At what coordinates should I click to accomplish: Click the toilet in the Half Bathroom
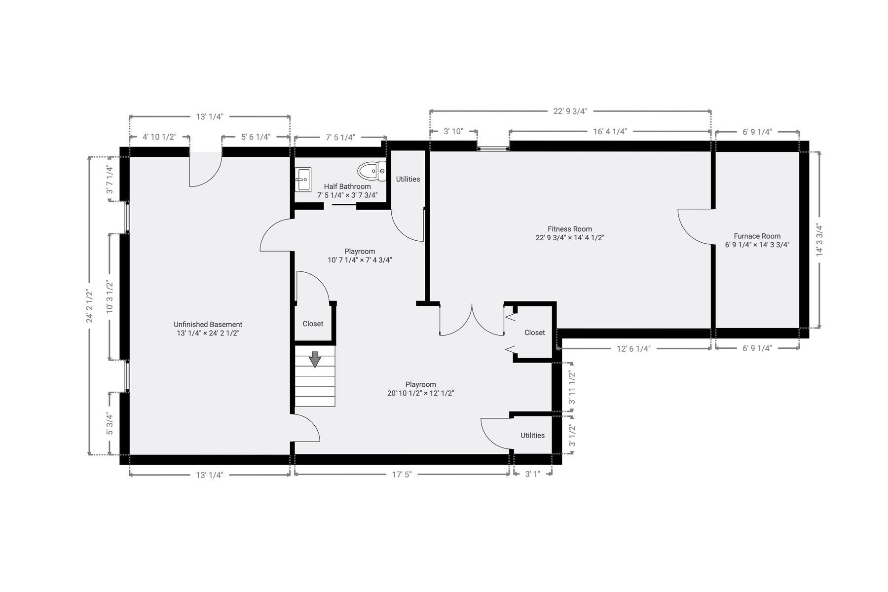[x=372, y=171]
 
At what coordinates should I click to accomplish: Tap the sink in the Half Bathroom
[x=303, y=179]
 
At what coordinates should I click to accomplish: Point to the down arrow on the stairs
[x=315, y=359]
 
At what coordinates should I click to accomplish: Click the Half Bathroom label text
[x=347, y=186]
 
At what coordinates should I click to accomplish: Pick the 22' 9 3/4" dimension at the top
[x=570, y=111]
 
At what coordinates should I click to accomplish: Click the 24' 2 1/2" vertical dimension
[x=90, y=306]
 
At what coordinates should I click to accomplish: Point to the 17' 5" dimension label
[x=402, y=475]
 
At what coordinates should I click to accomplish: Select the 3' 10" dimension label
[x=453, y=131]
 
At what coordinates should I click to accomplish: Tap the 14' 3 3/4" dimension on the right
[x=819, y=240]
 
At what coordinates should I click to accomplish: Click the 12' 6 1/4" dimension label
[x=633, y=349]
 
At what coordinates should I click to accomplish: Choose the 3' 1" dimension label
[x=532, y=475]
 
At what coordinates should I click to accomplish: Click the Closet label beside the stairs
[x=313, y=324]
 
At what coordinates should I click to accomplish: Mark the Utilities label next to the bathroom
[x=408, y=179]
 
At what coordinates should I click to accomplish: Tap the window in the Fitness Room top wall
[x=493, y=147]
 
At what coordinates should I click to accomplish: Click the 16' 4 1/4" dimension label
[x=610, y=131]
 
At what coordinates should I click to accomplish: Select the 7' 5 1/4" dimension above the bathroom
[x=340, y=137]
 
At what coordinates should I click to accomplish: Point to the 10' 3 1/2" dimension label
[x=110, y=296]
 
